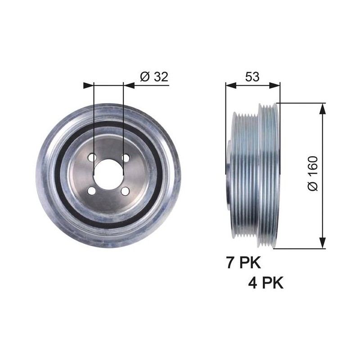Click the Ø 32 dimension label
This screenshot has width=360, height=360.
(x=154, y=76)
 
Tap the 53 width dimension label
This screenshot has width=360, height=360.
(x=252, y=76)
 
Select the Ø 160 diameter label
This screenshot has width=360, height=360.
(x=312, y=173)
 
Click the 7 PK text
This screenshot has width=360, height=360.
(x=243, y=262)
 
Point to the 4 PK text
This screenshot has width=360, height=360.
(x=265, y=283)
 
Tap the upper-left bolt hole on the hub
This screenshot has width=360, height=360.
(x=92, y=157)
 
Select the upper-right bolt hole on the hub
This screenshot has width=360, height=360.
(x=126, y=158)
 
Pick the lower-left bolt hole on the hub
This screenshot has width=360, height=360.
(x=92, y=190)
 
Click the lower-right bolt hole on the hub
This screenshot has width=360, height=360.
(x=125, y=191)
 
